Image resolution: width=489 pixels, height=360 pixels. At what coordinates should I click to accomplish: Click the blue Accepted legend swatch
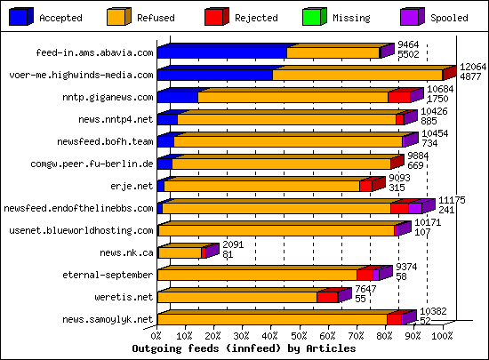(x=20, y=16)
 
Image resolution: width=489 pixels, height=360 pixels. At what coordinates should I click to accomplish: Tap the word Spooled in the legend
(x=449, y=17)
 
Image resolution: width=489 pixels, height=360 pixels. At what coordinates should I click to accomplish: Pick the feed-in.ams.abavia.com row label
(x=94, y=52)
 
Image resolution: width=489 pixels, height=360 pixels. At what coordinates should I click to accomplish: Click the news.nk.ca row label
(x=126, y=252)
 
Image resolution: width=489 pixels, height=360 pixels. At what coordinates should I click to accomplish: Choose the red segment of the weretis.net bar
(x=327, y=297)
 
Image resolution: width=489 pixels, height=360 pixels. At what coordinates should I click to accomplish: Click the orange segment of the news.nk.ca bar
(x=179, y=252)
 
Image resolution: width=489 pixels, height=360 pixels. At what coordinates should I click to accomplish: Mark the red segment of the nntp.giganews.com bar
(x=399, y=97)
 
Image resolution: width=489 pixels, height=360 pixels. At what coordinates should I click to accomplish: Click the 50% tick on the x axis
(x=300, y=337)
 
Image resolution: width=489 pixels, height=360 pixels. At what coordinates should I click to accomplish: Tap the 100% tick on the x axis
(x=442, y=337)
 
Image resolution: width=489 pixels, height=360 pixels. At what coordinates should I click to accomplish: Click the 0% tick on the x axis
(x=157, y=337)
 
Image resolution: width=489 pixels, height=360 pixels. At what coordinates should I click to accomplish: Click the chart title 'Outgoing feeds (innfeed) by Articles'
(x=243, y=348)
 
